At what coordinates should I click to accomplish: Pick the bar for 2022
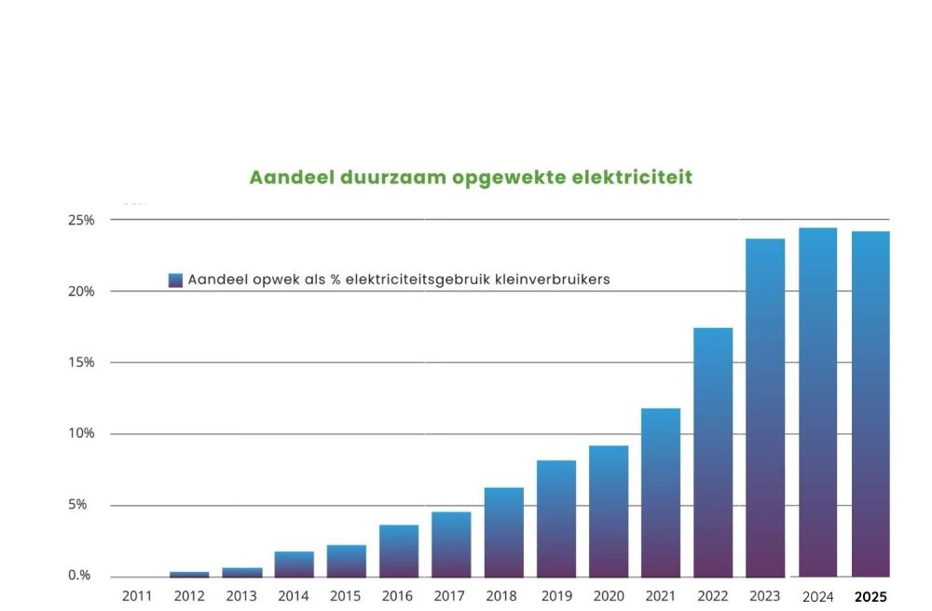coord(713,453)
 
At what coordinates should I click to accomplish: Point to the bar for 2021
coord(661,493)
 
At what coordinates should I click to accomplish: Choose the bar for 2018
coord(503,532)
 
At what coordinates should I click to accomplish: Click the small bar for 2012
coord(189,574)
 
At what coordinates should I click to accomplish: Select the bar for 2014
coord(294,563)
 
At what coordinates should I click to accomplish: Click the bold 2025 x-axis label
coord(870,597)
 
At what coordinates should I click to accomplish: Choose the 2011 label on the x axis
coord(137,596)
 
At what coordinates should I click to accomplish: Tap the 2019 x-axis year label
coord(555,596)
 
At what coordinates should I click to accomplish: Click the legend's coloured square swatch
coord(175,279)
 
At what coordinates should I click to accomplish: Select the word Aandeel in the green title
coord(284,177)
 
